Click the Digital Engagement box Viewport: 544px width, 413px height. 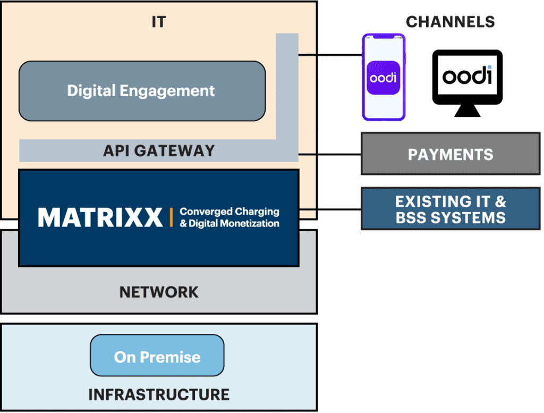pos(141,91)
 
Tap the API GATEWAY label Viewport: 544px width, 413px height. pos(159,151)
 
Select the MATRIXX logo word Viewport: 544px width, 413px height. pos(100,217)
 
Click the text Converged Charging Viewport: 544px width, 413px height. pos(229,212)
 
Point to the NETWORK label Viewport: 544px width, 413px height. pos(159,292)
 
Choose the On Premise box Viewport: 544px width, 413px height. pos(157,356)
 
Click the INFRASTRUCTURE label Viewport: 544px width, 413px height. pos(159,394)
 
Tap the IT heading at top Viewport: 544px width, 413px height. pos(159,22)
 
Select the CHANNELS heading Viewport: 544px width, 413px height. pos(450,22)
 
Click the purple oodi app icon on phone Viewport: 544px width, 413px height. pos(383,78)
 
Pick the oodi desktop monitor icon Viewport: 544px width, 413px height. pos(467,78)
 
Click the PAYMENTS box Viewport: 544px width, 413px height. pos(450,154)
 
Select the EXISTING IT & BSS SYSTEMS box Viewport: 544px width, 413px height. pos(450,208)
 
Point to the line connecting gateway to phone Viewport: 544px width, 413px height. pos(329,55)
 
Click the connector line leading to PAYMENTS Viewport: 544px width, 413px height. pos(329,154)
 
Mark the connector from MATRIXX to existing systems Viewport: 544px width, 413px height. pos(329,209)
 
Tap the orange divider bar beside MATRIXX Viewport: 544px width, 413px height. pos(171,217)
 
